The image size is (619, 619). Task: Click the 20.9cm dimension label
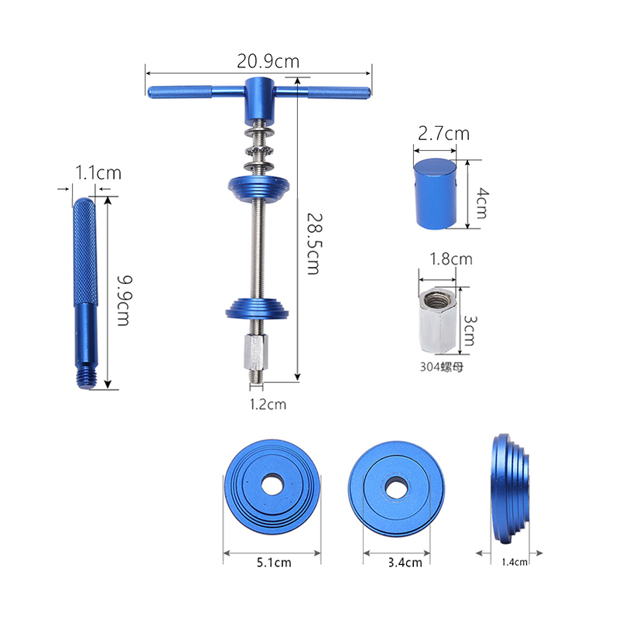268,62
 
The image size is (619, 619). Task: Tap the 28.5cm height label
315,244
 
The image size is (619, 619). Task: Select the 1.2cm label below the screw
268,404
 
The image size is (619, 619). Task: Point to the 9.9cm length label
125,301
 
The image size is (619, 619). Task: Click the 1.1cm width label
98,173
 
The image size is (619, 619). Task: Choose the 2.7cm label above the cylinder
443,133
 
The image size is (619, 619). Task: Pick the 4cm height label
482,203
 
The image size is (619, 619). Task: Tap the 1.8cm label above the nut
451,259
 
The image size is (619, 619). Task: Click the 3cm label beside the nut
470,331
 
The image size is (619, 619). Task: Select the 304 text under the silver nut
429,367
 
